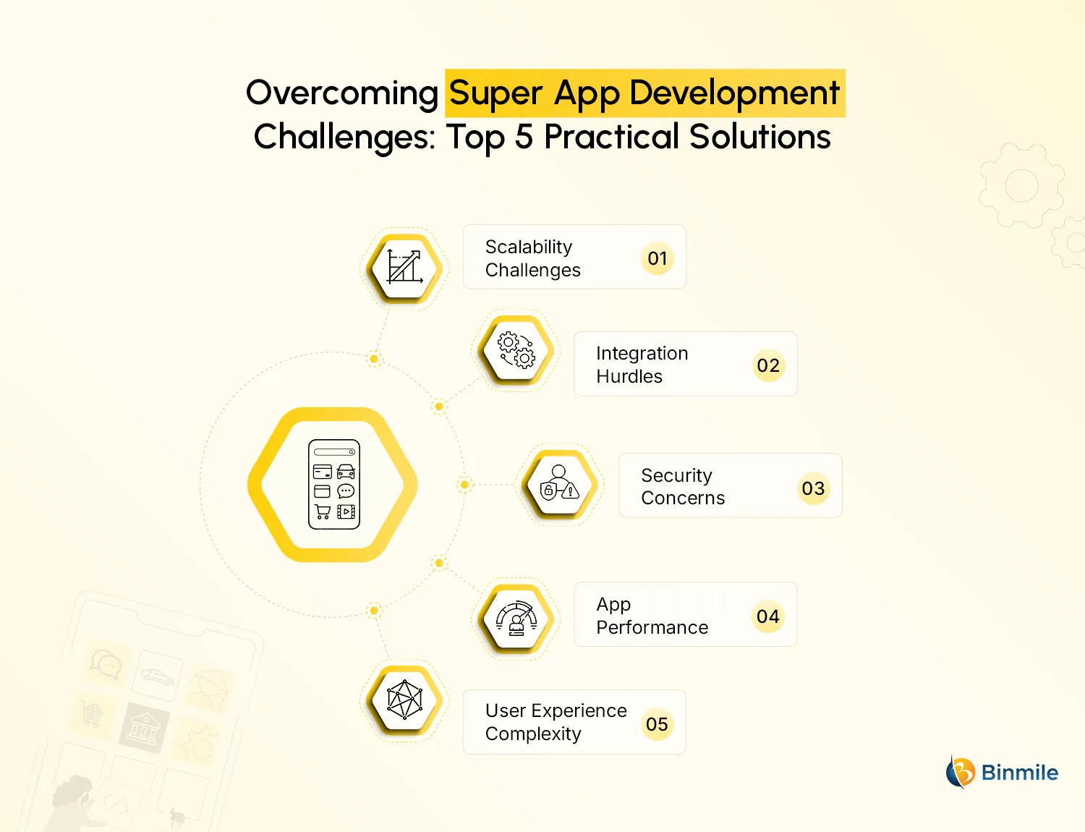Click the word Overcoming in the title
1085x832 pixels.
(341, 93)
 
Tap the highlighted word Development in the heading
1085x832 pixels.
(734, 93)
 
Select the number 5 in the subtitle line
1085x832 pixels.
(524, 137)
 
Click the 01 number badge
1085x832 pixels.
(658, 258)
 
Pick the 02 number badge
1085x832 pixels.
(768, 365)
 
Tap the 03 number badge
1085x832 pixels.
(813, 488)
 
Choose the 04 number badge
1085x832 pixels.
(768, 616)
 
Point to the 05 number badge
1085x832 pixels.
(657, 724)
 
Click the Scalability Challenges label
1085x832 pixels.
(533, 258)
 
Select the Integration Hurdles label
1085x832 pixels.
(642, 365)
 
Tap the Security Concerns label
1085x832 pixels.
(682, 486)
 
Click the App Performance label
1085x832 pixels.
(652, 616)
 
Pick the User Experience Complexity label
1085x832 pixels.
(556, 722)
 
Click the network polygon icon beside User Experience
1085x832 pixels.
(404, 700)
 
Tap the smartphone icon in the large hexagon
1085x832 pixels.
(333, 484)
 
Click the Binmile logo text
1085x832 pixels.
(1019, 773)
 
